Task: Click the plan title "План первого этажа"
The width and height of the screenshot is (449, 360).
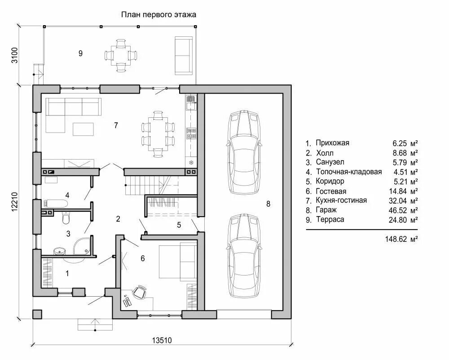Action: [x=158, y=14]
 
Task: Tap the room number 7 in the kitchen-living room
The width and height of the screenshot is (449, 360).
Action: [x=116, y=125]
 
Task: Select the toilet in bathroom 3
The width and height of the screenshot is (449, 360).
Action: [x=66, y=218]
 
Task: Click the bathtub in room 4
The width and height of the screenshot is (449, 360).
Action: [x=56, y=204]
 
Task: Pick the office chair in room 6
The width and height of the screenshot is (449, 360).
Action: [x=140, y=292]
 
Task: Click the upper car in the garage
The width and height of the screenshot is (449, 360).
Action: [x=244, y=152]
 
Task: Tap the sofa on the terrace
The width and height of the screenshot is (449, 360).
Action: [x=184, y=56]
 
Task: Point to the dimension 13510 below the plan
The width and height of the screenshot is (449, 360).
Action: [x=162, y=341]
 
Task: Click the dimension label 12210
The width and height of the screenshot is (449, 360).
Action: [x=15, y=202]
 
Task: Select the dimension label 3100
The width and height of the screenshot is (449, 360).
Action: [x=15, y=55]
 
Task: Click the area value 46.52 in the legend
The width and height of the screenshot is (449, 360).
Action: [x=398, y=210]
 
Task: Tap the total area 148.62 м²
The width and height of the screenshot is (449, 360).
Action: [x=401, y=239]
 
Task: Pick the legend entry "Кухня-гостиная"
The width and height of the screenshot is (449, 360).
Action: [x=341, y=200]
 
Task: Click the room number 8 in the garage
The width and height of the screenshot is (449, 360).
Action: [x=269, y=204]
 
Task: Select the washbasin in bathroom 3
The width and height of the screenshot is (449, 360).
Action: [x=60, y=251]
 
